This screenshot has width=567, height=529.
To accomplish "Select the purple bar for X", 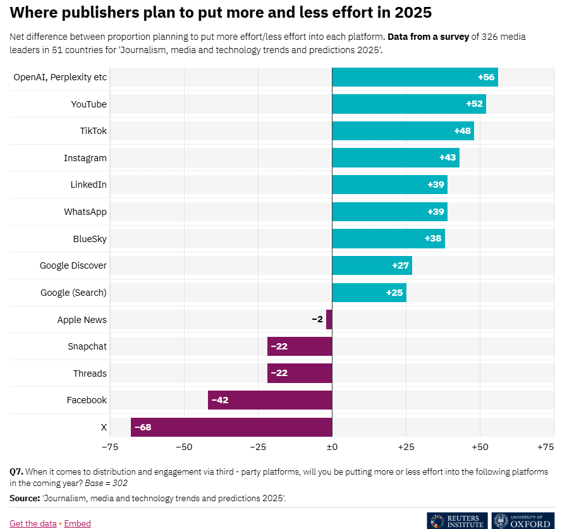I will pos(231,427).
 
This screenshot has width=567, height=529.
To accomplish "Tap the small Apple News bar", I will pos(329,319).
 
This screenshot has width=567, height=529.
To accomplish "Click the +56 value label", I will pos(486,77).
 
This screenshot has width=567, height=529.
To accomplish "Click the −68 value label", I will pos(143,427).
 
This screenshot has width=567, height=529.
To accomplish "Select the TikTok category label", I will pos(93,131).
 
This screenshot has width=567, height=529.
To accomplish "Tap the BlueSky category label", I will pos(90,239).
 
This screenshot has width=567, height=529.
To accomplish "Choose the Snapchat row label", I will pos(87,346).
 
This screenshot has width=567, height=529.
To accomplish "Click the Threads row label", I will pos(90,374).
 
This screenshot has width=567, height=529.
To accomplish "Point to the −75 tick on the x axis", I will pos(110,447).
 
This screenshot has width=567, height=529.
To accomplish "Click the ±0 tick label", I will pos(332,447).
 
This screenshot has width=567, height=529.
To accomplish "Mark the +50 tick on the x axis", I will pos(479,447).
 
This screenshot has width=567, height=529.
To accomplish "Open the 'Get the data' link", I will pos(33,523).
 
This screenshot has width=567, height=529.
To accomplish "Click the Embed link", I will pos(76,523).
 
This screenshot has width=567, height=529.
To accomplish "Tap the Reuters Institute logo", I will pos(457,520).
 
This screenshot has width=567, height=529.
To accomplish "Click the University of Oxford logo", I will pos(523,520).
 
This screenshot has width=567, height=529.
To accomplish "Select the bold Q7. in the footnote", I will pos(16,471).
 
